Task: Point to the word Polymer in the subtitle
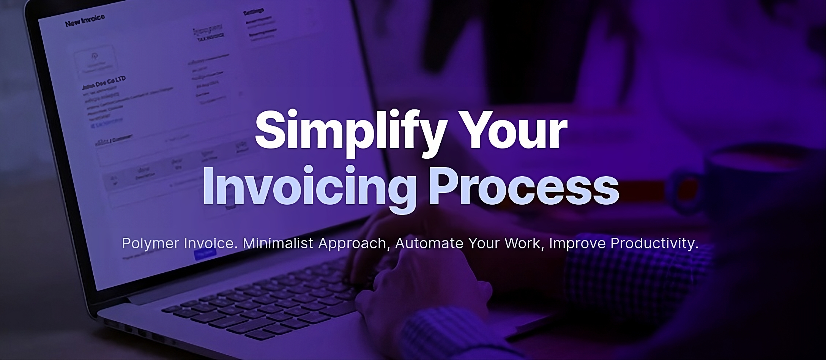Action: (150, 243)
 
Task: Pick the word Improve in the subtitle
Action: (577, 243)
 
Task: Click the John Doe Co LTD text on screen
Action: (104, 83)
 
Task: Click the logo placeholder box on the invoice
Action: (94, 60)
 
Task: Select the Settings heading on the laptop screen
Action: (253, 11)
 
